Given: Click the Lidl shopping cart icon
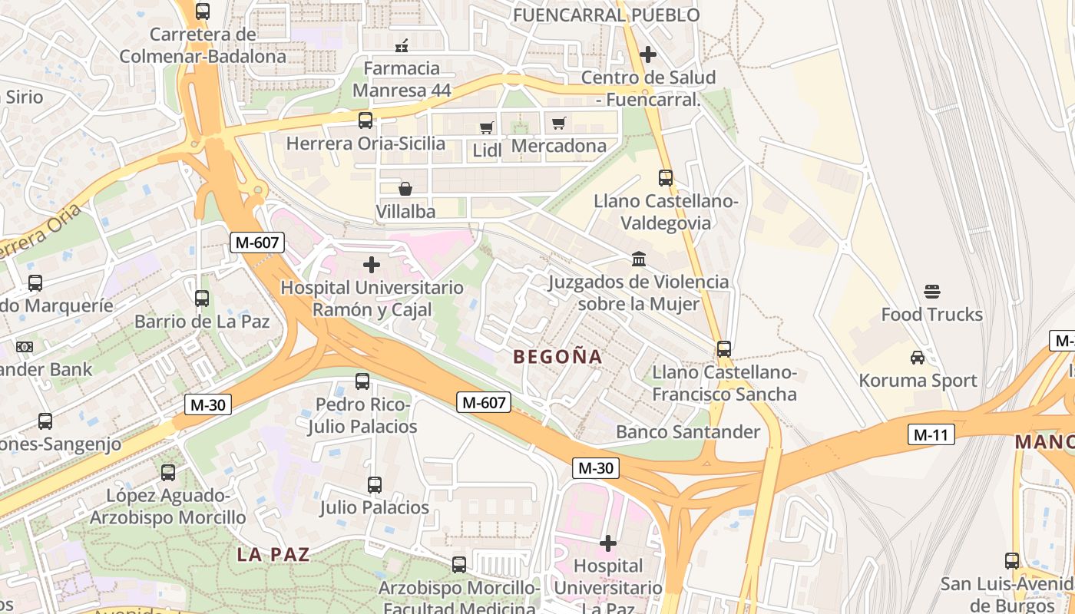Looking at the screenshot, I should [x=486, y=127].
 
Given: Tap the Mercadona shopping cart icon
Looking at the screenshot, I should [x=559, y=123].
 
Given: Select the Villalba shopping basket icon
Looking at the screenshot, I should [x=405, y=189].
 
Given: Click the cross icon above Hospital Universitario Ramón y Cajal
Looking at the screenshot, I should [x=372, y=265].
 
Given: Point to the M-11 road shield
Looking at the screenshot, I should [x=931, y=435].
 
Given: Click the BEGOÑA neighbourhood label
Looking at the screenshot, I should [x=557, y=357].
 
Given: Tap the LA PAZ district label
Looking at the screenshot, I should [x=273, y=554].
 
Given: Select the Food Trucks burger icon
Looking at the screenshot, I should [x=932, y=292].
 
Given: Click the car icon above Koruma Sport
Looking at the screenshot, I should [x=917, y=358].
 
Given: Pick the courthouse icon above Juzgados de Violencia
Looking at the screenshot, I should [x=638, y=259].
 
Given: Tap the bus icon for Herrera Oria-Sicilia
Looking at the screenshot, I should [x=365, y=120].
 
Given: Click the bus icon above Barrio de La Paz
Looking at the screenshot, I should [x=202, y=299].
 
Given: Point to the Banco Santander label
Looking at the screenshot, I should [x=688, y=432].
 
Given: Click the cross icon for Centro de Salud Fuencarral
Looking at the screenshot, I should [x=648, y=54].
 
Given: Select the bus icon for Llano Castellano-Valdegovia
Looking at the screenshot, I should [x=666, y=178].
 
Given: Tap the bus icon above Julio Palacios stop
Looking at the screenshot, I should [x=375, y=485].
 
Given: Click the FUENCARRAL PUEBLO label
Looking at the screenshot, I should [x=606, y=15].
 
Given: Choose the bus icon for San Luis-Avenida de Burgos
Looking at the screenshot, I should [x=1012, y=561].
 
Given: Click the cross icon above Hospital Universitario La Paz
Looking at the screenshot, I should [x=608, y=543].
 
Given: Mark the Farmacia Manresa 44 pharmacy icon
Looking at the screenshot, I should [x=401, y=46].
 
